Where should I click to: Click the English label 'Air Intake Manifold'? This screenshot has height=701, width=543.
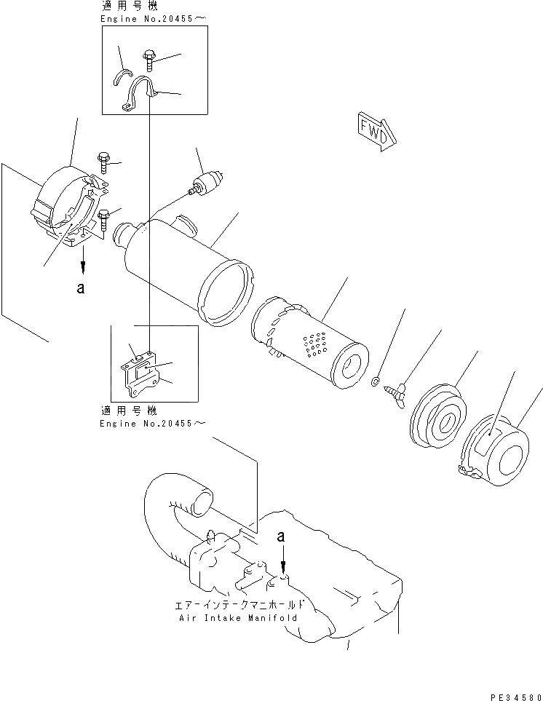point(237,617)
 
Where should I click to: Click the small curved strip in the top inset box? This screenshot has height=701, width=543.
point(123,76)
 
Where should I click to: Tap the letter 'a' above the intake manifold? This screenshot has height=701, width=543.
point(281,536)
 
